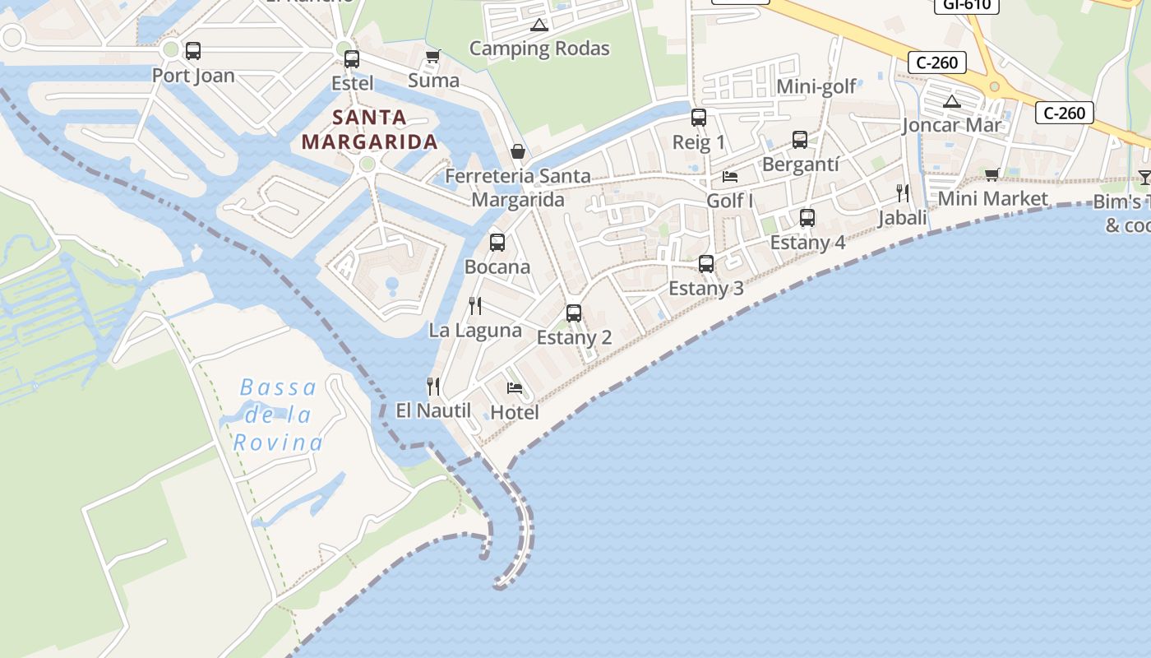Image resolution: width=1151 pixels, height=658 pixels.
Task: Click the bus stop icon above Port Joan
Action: point(193,51)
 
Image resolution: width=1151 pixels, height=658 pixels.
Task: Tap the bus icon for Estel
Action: point(352,59)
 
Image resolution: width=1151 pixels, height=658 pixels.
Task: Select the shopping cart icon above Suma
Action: point(432,57)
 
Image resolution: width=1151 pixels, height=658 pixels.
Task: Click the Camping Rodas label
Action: point(539,49)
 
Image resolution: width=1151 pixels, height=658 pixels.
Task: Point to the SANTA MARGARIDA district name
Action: point(370,130)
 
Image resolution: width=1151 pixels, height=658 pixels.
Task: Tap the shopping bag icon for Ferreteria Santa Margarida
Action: point(518,151)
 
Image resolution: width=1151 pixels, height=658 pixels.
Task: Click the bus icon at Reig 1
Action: point(699,118)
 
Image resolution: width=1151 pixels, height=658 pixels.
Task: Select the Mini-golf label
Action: point(816,86)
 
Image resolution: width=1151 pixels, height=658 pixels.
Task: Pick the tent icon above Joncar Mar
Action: point(952,102)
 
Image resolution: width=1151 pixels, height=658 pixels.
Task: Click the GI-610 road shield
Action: point(967,4)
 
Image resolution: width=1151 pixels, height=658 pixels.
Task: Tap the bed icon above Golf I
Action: point(730,176)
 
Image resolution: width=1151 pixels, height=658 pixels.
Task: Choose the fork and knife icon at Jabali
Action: point(903,193)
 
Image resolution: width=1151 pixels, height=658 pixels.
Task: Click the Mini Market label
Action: point(993,198)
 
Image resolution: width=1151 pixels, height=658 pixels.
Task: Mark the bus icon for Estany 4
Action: point(807,218)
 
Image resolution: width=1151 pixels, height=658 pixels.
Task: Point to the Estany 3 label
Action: point(706,288)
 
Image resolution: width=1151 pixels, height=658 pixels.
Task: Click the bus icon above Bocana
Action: point(497,243)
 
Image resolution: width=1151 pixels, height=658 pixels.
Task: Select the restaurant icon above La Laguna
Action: point(475,306)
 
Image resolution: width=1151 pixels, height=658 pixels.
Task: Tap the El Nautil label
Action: point(433,410)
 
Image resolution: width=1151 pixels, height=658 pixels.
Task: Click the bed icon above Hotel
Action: point(515,388)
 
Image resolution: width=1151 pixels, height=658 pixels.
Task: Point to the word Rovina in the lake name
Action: point(278,443)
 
